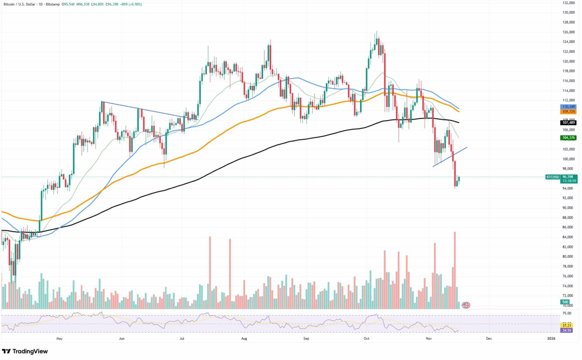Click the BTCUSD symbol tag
click(x=552, y=177)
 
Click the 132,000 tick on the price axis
click(x=568, y=3)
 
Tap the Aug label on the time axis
click(x=244, y=339)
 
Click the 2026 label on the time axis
click(x=551, y=339)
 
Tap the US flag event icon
click(x=466, y=305)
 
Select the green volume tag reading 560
click(x=565, y=302)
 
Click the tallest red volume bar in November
click(x=454, y=270)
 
